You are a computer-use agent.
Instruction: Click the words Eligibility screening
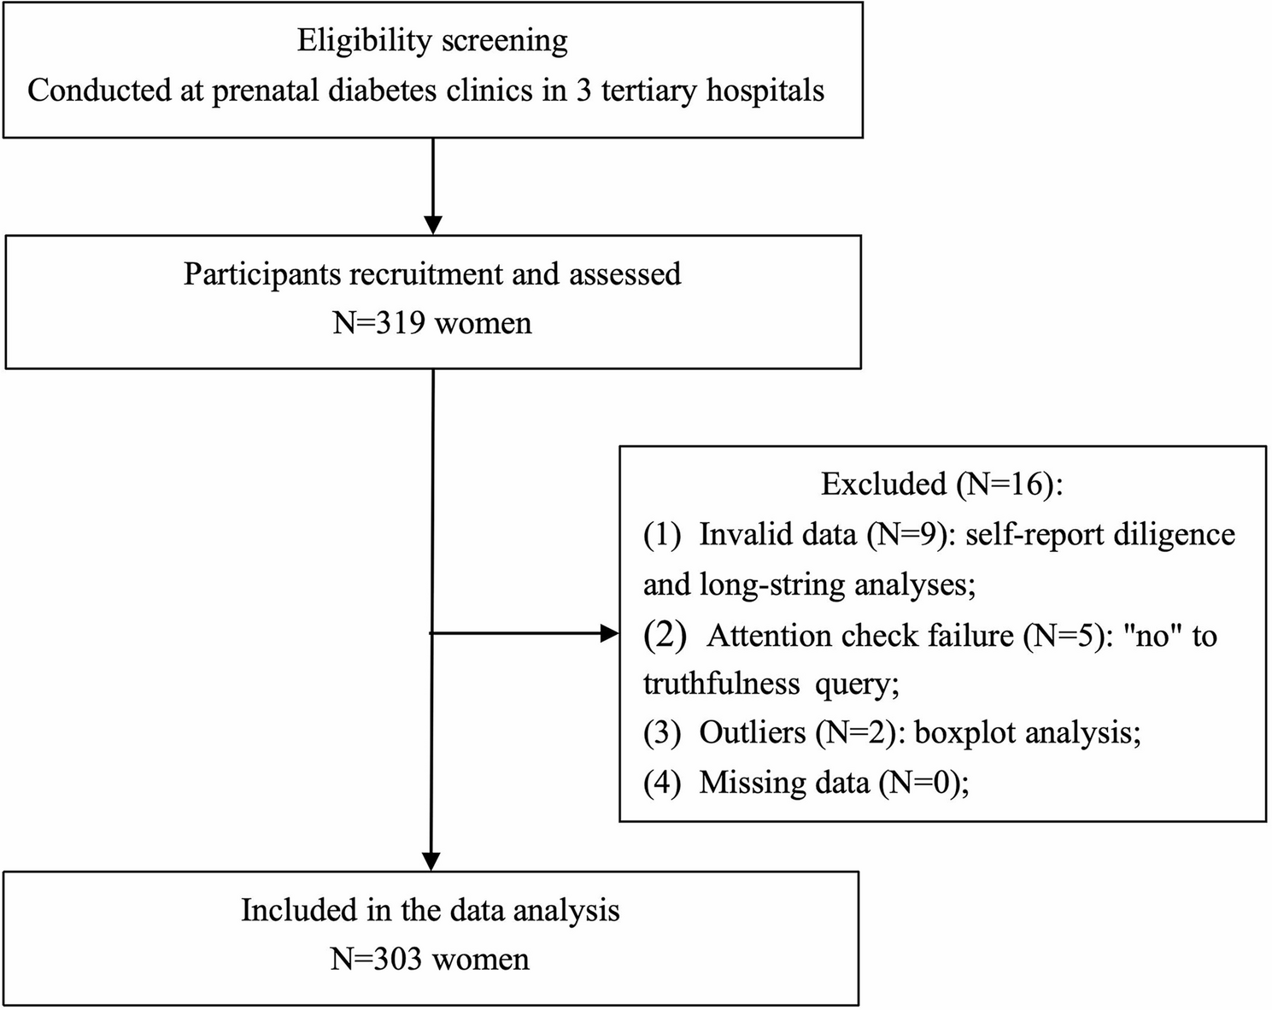(432, 41)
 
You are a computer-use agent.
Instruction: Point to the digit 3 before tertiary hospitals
(584, 91)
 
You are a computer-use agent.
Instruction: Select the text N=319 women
(432, 324)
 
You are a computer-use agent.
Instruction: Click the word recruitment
(425, 274)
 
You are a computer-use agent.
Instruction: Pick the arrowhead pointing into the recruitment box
(433, 225)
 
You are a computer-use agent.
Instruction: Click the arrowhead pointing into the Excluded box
(609, 633)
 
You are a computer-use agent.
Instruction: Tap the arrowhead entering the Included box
(431, 861)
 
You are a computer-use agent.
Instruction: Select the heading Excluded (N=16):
(941, 484)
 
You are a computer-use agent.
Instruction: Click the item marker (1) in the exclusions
(661, 535)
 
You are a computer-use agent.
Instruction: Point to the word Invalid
(736, 535)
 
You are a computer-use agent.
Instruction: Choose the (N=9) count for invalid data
(912, 535)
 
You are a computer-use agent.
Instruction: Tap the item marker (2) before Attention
(665, 637)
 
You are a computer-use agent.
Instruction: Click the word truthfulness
(721, 684)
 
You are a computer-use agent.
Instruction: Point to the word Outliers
(753, 733)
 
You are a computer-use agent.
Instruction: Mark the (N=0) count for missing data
(923, 784)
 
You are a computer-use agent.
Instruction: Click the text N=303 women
(430, 959)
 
